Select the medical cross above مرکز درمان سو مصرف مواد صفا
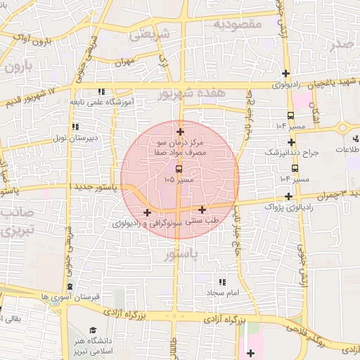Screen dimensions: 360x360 181,131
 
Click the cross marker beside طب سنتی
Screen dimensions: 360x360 202,210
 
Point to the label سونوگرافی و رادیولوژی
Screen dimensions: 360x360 147,223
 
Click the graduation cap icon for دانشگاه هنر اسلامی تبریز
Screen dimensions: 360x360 94,330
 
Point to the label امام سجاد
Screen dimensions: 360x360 224,290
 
